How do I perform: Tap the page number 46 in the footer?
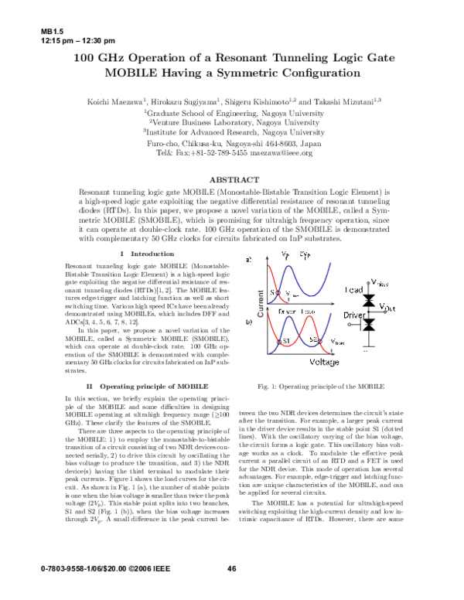(x=231, y=570)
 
